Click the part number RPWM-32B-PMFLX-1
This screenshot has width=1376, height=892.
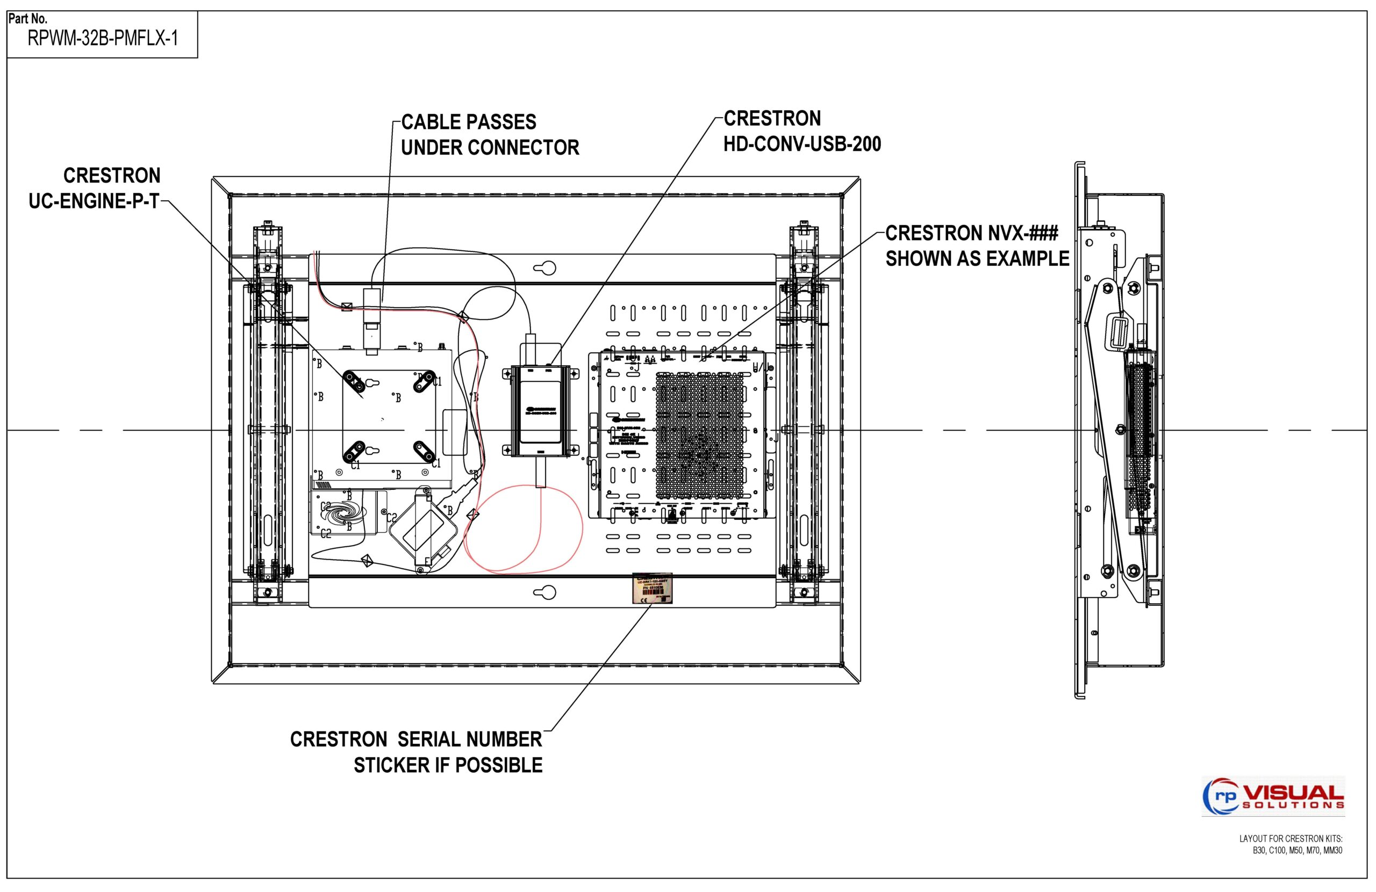click(102, 39)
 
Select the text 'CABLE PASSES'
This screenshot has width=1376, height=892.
click(468, 122)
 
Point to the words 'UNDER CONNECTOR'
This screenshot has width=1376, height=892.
click(490, 148)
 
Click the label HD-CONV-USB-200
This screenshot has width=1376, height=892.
click(802, 144)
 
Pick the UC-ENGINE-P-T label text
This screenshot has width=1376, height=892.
click(94, 201)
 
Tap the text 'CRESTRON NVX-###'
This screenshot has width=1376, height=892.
click(971, 234)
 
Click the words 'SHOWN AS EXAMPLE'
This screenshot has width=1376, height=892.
click(977, 259)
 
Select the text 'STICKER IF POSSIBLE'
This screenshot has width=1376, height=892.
click(448, 765)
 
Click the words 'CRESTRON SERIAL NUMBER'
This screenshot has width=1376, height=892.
click(415, 739)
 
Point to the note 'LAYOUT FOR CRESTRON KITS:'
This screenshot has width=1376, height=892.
click(1291, 838)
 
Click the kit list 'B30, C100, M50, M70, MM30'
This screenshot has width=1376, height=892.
click(1298, 851)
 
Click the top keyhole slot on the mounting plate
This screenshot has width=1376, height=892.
click(544, 268)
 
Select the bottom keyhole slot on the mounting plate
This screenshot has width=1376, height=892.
click(544, 592)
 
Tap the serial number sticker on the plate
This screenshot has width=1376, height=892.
click(651, 589)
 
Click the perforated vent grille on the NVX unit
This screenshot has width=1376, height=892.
click(700, 435)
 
